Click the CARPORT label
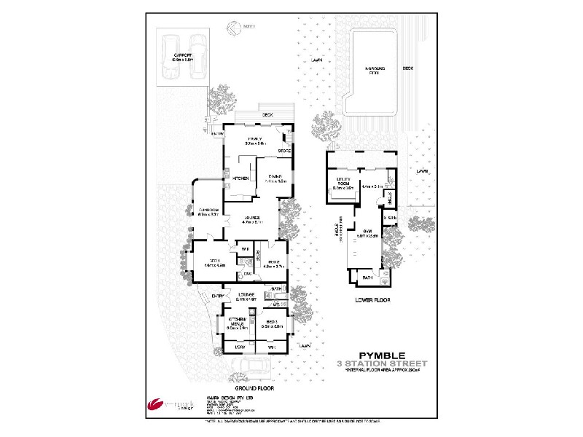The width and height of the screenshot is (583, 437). tap(182, 56)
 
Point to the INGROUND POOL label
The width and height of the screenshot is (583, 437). tap(376, 71)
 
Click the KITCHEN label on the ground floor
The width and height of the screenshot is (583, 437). tap(241, 178)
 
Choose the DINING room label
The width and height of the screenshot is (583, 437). tap(275, 178)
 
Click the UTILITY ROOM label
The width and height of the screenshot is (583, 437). tap(343, 184)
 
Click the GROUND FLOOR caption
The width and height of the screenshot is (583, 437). tap(253, 388)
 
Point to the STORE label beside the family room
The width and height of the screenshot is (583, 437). tap(285, 151)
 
